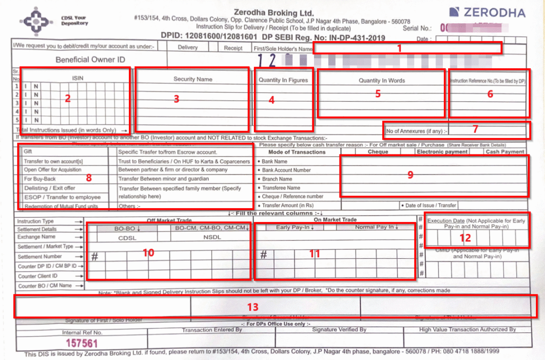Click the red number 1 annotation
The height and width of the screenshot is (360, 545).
point(399,48)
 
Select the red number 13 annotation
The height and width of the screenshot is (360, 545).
point(253,307)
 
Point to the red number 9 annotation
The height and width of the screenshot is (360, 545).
point(410,175)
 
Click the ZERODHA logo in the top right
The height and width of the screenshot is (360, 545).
point(487,13)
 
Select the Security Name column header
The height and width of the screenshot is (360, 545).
point(193,79)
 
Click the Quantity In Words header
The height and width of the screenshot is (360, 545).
point(382,81)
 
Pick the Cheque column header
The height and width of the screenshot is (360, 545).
point(378,152)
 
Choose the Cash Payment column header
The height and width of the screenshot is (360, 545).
point(505,152)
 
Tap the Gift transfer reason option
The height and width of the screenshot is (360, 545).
point(28,152)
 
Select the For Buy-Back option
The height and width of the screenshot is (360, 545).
point(40,179)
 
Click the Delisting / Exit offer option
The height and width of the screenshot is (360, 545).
point(49,188)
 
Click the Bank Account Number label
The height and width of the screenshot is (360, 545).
point(286,170)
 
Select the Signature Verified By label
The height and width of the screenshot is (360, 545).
point(339,330)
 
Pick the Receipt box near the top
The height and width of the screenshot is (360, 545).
point(233,48)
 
